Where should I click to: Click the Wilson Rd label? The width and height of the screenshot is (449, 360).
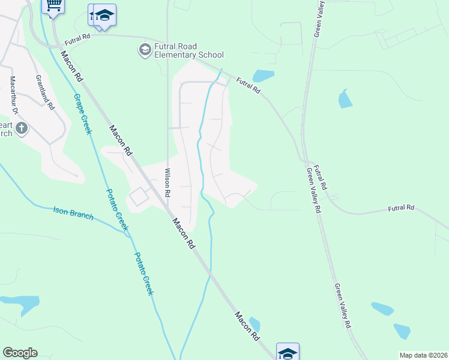point(168,182)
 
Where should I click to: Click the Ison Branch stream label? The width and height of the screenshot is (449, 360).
point(73,213)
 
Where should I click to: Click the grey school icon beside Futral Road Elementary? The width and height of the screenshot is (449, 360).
point(144,50)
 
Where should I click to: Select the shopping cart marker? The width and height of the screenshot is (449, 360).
point(53,5)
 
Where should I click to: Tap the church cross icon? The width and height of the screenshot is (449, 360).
point(22,127)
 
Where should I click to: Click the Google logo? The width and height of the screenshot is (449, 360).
point(20,353)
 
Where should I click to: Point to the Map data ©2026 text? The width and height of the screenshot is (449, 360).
point(423,355)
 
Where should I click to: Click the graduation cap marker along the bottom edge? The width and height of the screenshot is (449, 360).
point(288,352)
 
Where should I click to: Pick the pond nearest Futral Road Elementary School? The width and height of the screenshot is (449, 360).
point(263,76)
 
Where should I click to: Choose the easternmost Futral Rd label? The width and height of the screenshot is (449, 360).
point(401,208)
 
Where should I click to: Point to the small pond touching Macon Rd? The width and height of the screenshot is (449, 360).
point(255,323)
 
